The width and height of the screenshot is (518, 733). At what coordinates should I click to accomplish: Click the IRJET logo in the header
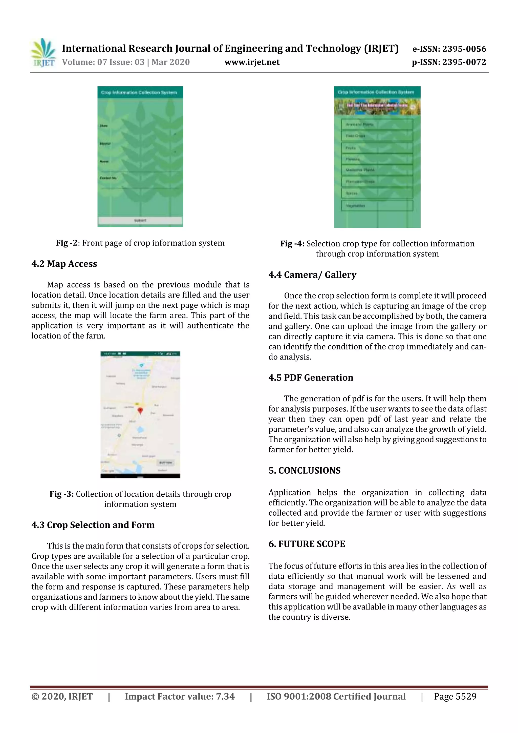(43, 53)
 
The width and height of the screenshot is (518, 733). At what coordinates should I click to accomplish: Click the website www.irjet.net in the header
(252, 62)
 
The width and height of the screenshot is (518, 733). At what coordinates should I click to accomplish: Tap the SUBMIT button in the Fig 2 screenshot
(140, 221)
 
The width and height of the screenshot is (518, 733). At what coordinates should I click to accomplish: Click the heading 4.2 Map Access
(64, 264)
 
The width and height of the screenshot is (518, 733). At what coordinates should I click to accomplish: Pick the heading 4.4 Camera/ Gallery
(312, 275)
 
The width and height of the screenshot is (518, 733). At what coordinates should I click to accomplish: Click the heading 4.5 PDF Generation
(311, 378)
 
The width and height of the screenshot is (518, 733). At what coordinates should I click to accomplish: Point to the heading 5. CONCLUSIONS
(305, 471)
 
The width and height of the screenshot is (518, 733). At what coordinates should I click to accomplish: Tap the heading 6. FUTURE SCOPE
(307, 544)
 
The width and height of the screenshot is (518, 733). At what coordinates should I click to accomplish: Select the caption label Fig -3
(62, 494)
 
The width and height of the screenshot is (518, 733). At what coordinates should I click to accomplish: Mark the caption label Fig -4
(292, 244)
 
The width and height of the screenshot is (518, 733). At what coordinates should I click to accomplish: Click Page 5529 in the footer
(455, 696)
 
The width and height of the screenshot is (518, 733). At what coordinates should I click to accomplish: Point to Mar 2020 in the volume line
(170, 62)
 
